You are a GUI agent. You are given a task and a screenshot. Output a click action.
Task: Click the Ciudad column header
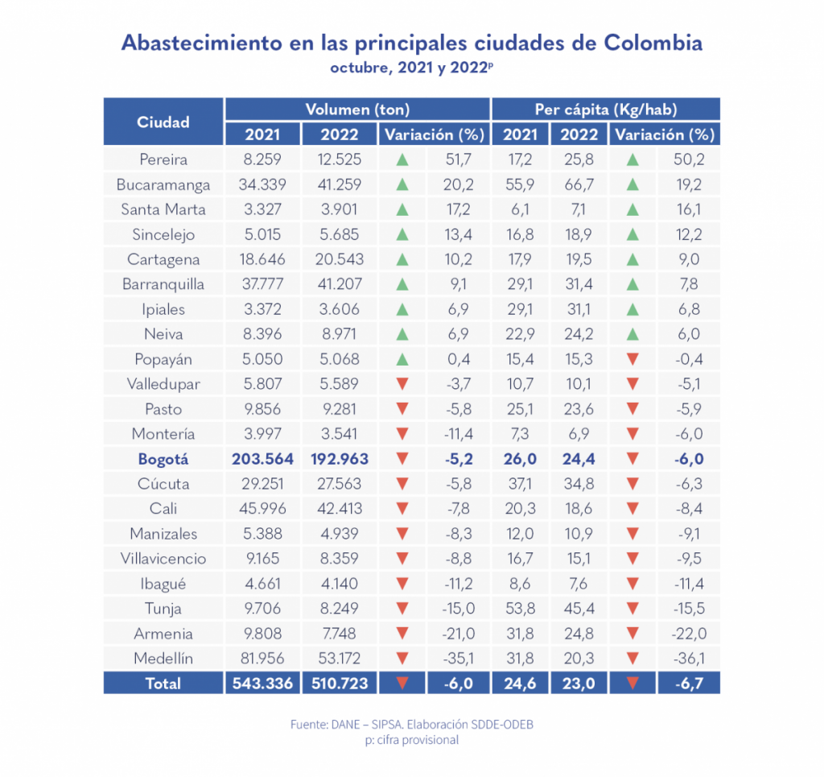click(x=163, y=122)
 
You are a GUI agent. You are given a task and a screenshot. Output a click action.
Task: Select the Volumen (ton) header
click(x=357, y=110)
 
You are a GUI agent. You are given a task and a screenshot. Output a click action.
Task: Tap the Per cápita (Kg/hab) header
click(x=606, y=110)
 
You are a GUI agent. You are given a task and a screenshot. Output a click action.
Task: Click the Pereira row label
click(x=163, y=159)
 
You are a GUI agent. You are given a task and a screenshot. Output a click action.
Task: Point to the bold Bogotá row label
click(x=163, y=459)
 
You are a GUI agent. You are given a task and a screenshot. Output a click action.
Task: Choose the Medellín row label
click(x=163, y=659)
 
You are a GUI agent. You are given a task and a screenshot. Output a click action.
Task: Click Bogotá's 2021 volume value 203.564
click(x=262, y=459)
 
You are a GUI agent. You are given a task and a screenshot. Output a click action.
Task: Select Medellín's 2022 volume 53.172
click(x=340, y=659)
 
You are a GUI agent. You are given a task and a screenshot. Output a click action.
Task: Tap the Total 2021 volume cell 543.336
click(x=262, y=684)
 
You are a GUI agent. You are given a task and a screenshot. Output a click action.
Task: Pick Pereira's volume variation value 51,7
click(x=458, y=159)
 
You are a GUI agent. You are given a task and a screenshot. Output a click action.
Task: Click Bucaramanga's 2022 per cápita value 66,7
click(x=579, y=184)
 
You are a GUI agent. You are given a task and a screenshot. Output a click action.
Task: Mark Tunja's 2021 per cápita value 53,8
click(x=520, y=609)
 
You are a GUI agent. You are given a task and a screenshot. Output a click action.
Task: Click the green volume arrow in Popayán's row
click(x=402, y=359)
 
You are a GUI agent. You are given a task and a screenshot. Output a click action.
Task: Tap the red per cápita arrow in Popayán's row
click(x=632, y=359)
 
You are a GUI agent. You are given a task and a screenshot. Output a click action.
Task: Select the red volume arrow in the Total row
click(x=402, y=684)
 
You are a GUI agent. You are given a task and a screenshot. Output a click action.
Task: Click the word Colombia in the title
click(x=652, y=43)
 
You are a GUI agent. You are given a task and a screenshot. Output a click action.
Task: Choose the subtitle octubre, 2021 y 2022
click(x=410, y=68)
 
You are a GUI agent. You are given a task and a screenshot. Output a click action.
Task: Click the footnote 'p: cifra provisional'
click(x=412, y=740)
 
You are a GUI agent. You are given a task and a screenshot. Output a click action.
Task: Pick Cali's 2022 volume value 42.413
click(x=340, y=509)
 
